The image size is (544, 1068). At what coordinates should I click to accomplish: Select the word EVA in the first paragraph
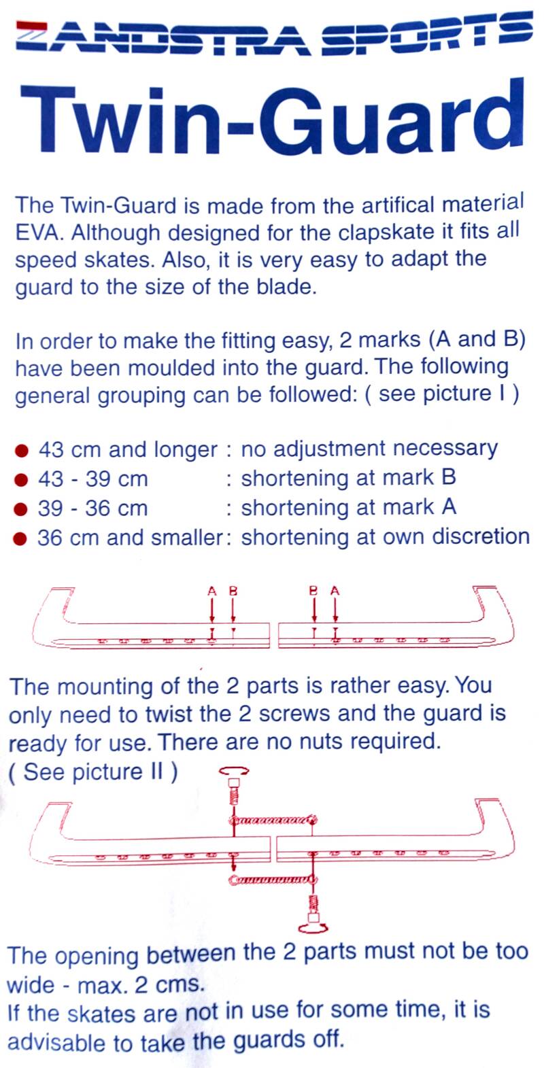click(39, 232)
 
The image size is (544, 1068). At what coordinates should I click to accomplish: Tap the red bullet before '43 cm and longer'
click(22, 450)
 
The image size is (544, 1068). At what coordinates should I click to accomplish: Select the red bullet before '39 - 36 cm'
click(22, 509)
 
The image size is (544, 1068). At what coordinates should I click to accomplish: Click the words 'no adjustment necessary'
click(369, 449)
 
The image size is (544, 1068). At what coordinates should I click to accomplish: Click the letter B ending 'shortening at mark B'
click(448, 477)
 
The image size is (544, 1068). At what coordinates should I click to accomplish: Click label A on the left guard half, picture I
click(212, 591)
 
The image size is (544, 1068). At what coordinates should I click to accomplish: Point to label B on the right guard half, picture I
click(313, 591)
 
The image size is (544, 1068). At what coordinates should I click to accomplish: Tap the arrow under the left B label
click(233, 610)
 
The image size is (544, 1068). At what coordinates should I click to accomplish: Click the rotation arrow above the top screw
click(235, 772)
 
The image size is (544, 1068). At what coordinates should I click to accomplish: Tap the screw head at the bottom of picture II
click(313, 924)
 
